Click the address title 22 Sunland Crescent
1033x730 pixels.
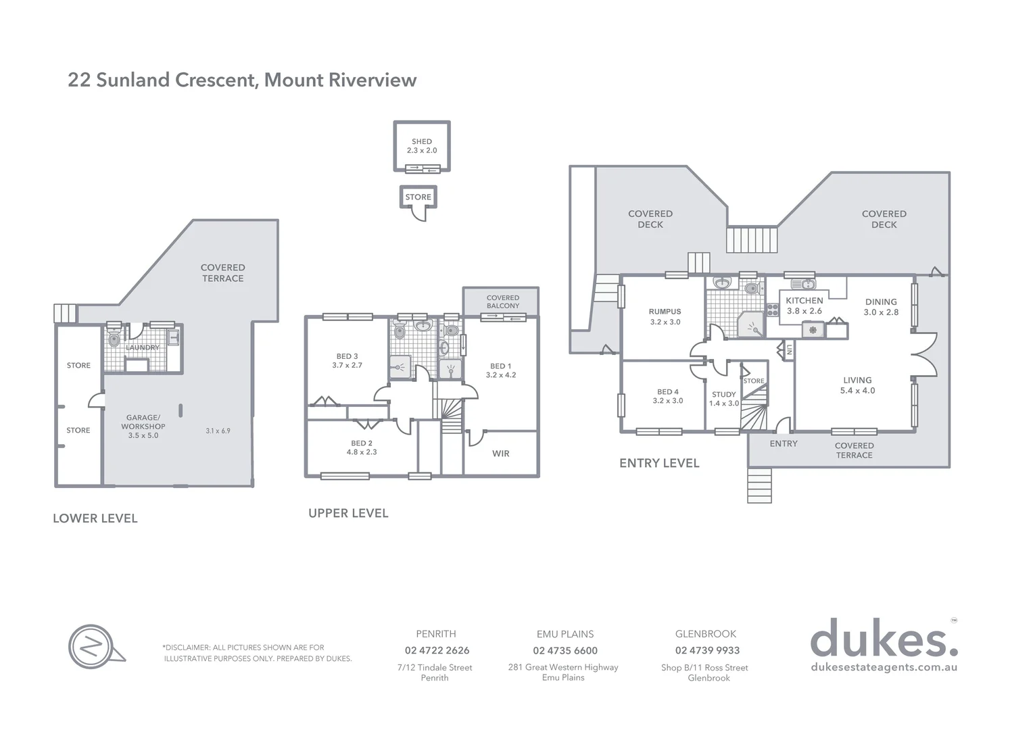[x=241, y=80]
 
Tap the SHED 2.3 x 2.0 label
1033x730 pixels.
[x=422, y=146]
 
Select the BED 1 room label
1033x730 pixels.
[x=500, y=370]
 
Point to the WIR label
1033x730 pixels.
[x=500, y=454]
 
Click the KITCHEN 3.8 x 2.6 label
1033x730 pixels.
[x=804, y=306]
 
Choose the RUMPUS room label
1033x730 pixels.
[x=665, y=316]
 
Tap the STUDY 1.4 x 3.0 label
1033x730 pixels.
[x=723, y=399]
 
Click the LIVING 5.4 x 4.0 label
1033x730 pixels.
[x=857, y=385]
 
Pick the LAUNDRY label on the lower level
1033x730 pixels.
[x=143, y=347]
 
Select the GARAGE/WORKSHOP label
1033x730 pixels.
[x=143, y=427]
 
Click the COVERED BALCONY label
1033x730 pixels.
[x=502, y=301]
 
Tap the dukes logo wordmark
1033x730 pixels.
[x=883, y=639]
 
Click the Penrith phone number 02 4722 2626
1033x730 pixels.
[x=437, y=650]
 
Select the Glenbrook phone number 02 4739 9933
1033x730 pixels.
[x=707, y=650]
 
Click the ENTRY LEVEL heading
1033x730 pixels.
[x=659, y=463]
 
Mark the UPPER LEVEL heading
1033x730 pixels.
[x=348, y=513]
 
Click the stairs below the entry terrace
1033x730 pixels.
[x=759, y=485]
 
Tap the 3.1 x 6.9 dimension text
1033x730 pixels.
[x=218, y=431]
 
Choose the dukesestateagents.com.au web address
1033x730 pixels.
[x=884, y=667]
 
